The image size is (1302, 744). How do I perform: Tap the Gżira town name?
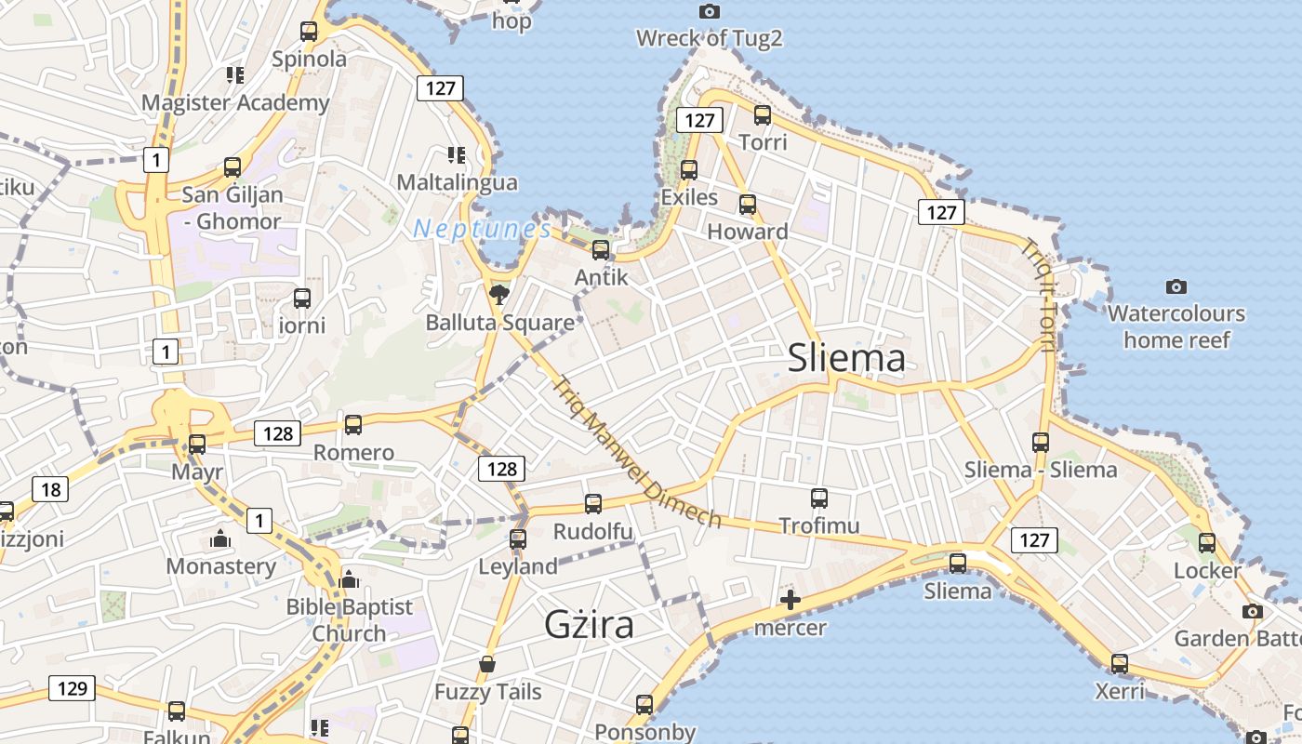pyautogui.click(x=589, y=624)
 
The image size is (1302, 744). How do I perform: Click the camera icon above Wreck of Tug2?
pyautogui.click(x=710, y=11)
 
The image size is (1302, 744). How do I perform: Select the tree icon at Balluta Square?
pyautogui.click(x=499, y=295)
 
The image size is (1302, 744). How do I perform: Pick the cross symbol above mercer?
pyautogui.click(x=790, y=600)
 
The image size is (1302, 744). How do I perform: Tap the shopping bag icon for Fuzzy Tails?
pyautogui.click(x=487, y=664)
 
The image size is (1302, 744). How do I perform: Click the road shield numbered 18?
pyautogui.click(x=50, y=489)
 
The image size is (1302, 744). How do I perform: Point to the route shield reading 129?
pyautogui.click(x=72, y=688)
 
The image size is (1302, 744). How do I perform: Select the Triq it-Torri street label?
pyautogui.click(x=1037, y=296)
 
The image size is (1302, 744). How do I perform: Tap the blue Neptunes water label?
pyautogui.click(x=482, y=229)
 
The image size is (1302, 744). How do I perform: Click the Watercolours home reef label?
pyautogui.click(x=1176, y=326)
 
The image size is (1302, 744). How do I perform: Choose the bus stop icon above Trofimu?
pyautogui.click(x=818, y=498)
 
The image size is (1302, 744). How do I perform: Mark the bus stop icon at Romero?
pyautogui.click(x=353, y=425)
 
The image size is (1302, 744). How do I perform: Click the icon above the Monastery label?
pyautogui.click(x=220, y=538)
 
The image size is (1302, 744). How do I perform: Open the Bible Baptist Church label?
pyautogui.click(x=349, y=619)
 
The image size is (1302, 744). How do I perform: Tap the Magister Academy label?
pyautogui.click(x=235, y=102)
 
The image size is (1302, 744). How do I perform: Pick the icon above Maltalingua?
pyautogui.click(x=456, y=155)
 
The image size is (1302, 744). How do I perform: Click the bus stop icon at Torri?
pyautogui.click(x=763, y=115)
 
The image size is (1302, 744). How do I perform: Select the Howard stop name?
pyautogui.click(x=748, y=232)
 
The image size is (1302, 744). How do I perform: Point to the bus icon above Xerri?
pyautogui.click(x=1120, y=664)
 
